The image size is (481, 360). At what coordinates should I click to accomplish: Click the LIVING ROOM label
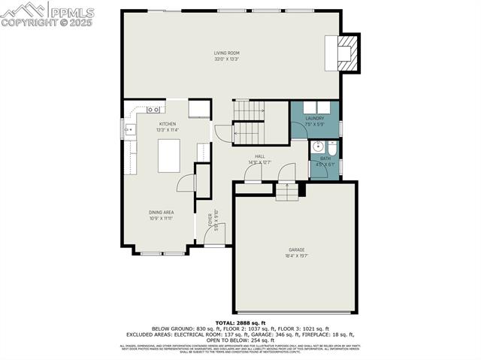[226, 53]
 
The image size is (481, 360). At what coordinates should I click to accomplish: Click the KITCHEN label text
[167, 124]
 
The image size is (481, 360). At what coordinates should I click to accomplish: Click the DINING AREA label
[161, 213]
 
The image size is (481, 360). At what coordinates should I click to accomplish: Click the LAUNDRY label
[314, 118]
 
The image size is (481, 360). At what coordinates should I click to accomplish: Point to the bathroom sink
[316, 148]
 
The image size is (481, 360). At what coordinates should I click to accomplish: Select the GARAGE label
[296, 250]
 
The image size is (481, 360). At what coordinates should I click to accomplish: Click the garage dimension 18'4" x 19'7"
[296, 256]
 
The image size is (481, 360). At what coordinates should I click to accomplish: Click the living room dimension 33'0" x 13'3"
[226, 59]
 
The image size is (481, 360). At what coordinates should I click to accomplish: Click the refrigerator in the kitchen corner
[198, 110]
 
